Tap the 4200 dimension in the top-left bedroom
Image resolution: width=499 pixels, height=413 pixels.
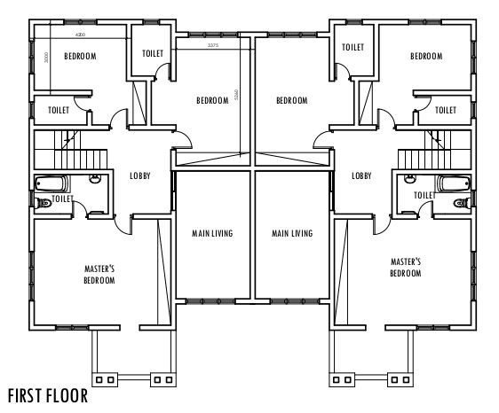81,35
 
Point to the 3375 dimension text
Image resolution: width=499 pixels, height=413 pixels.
212,44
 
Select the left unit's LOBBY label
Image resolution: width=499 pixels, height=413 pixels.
139,175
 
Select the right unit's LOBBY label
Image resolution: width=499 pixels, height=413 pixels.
361,175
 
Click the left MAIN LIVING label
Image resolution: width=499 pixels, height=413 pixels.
212,234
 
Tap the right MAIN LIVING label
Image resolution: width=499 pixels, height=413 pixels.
292,234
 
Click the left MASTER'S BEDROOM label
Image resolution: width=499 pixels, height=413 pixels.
99,274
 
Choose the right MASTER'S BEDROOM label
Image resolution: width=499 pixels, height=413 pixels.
405,268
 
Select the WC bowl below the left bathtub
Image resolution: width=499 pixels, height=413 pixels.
42,205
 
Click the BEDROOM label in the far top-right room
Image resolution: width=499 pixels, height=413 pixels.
425,56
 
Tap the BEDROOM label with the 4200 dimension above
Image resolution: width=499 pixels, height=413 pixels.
80,56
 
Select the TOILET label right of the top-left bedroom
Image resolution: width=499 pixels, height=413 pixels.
153,53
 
